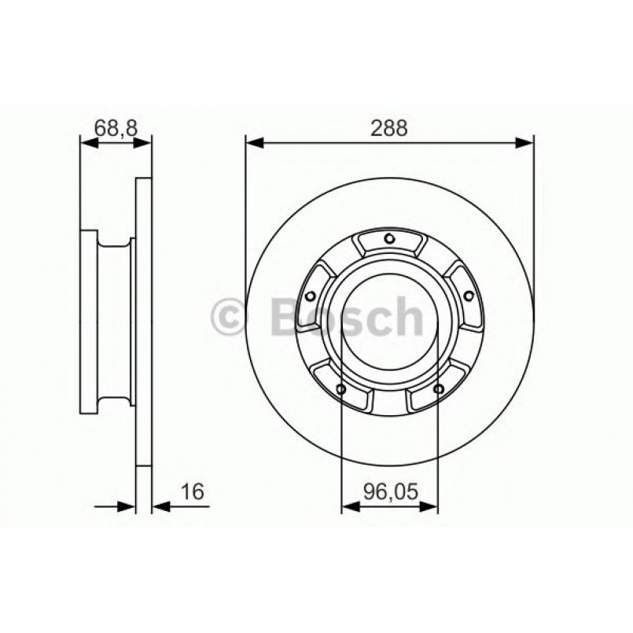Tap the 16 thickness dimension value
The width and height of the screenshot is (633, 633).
point(192,492)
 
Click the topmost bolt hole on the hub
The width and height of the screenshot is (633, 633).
point(389,240)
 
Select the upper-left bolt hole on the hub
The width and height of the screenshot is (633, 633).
point(311,296)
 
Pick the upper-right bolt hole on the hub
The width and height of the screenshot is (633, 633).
point(468,296)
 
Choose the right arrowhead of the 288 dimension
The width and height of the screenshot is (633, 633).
point(524,143)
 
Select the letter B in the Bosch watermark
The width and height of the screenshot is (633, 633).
point(287,316)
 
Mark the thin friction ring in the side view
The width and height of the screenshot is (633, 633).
point(144,330)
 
